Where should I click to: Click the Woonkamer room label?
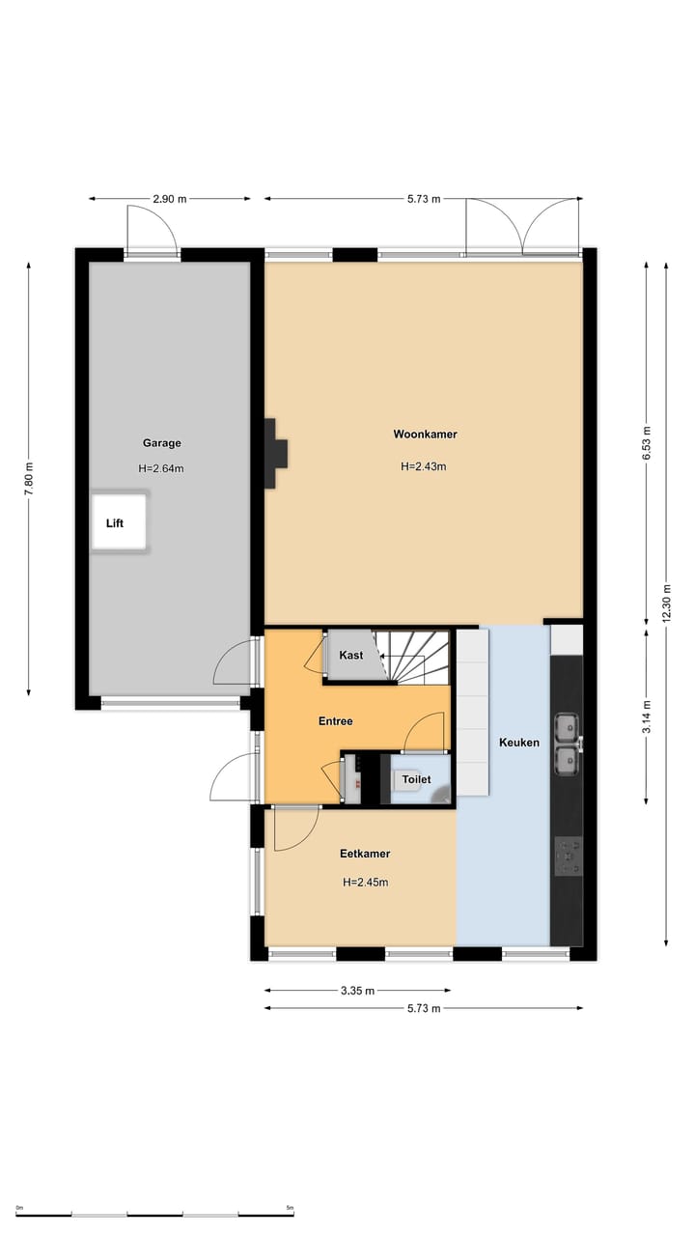pyautogui.click(x=425, y=435)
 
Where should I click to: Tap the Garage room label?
pyautogui.click(x=162, y=443)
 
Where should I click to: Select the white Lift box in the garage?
pyautogui.click(x=119, y=522)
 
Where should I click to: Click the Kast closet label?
pyautogui.click(x=351, y=655)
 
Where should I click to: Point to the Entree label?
pyautogui.click(x=336, y=721)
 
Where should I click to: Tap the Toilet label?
pyautogui.click(x=416, y=779)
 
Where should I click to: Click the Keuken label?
pyautogui.click(x=519, y=743)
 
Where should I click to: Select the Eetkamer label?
pyautogui.click(x=365, y=854)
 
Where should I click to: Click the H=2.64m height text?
pyautogui.click(x=161, y=469)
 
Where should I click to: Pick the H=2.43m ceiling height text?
pyautogui.click(x=424, y=466)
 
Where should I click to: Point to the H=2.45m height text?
pyautogui.click(x=366, y=882)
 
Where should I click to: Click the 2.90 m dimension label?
pyautogui.click(x=170, y=199)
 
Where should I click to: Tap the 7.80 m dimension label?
pyautogui.click(x=29, y=479)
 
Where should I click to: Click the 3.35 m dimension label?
pyautogui.click(x=358, y=991)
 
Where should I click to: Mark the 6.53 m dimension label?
pyautogui.click(x=647, y=443)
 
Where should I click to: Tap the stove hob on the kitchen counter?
pyautogui.click(x=568, y=856)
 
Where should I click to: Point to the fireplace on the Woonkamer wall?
pyautogui.click(x=275, y=452)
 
